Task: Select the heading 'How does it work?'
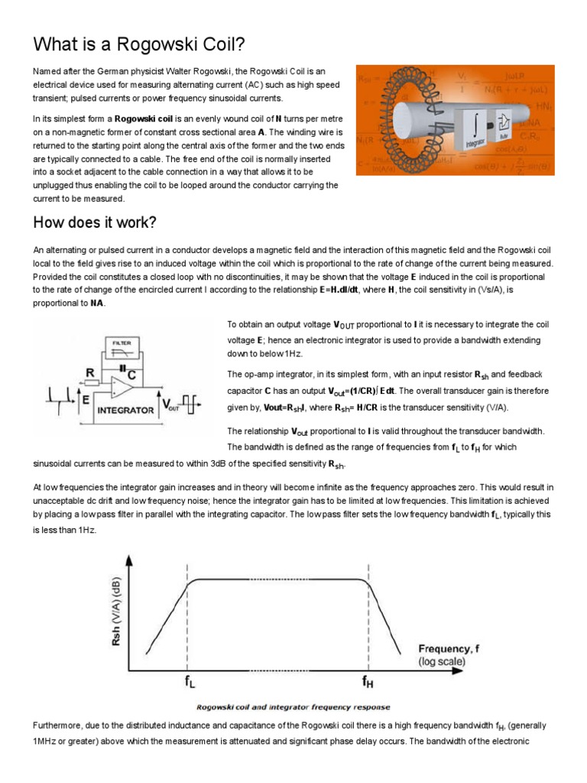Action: click(x=95, y=223)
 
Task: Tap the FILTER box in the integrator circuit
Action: click(x=122, y=344)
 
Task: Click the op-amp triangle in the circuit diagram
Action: click(x=122, y=387)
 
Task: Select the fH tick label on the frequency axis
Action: click(x=368, y=678)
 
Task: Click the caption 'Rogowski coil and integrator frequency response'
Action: click(x=293, y=707)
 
